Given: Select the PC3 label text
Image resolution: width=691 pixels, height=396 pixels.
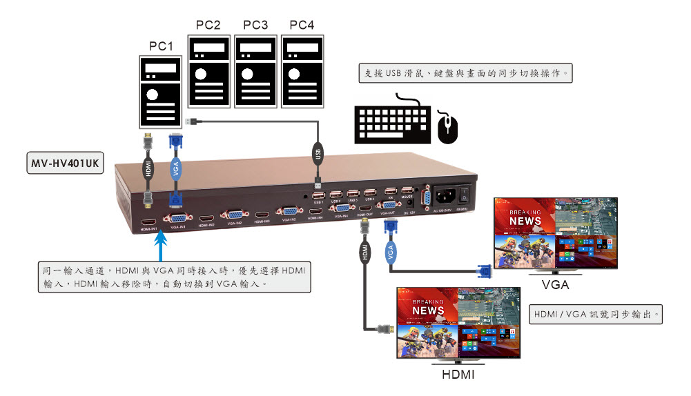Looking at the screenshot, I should (x=255, y=25).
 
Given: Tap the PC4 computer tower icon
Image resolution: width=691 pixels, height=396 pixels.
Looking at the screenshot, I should (x=301, y=71).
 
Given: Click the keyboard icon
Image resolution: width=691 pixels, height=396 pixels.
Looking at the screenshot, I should (x=392, y=123).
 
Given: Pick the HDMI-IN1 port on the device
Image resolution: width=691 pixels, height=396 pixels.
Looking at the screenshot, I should (x=148, y=222).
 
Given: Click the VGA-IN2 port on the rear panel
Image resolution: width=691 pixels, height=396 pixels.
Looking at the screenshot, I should (x=233, y=216).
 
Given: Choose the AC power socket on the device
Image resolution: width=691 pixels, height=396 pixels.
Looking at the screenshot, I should (x=445, y=195).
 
